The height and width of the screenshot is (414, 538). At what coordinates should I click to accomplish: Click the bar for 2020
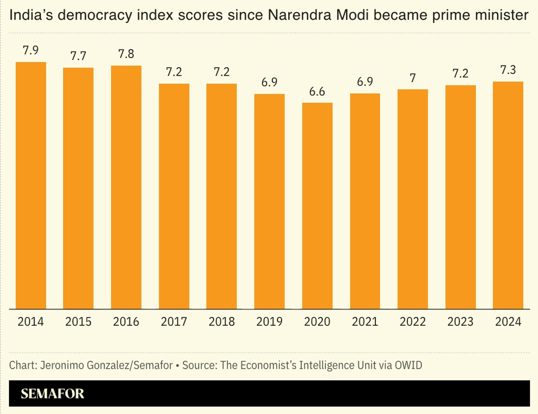click(x=317, y=206)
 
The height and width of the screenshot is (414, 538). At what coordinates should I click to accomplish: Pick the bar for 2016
click(x=126, y=187)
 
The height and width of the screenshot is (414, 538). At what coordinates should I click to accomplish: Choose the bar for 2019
click(x=269, y=201)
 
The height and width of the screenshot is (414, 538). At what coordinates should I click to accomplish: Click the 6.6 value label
click(x=317, y=92)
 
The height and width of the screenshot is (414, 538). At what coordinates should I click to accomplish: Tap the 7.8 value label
click(x=126, y=55)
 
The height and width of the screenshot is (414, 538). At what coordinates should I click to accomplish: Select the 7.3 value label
click(x=508, y=70)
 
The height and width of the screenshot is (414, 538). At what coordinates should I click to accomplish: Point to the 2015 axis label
click(x=78, y=322)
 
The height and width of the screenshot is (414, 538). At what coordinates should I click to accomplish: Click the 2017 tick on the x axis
click(x=174, y=322)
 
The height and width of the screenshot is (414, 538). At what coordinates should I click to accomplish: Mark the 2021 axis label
click(x=365, y=322)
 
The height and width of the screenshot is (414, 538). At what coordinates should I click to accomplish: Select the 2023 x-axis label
click(x=460, y=322)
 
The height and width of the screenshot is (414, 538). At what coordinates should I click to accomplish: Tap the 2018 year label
click(x=221, y=322)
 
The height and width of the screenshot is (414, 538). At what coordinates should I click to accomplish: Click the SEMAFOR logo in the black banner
click(x=53, y=393)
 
